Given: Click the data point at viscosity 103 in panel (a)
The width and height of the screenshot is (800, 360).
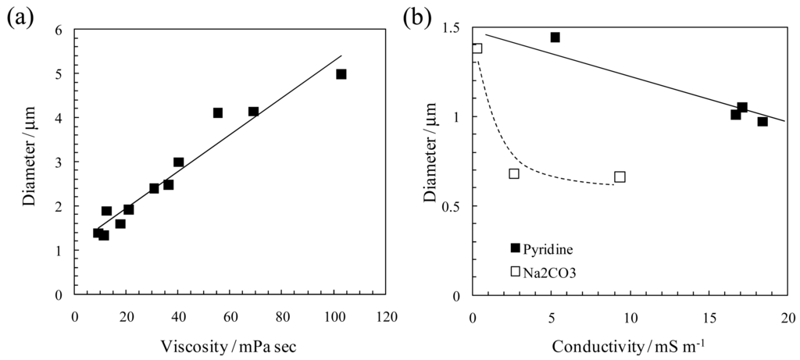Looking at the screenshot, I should pyautogui.click(x=341, y=74).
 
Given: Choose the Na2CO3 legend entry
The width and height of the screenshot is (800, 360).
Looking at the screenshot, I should pyautogui.click(x=544, y=271).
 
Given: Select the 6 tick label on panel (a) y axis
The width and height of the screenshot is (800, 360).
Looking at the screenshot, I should pyautogui.click(x=59, y=30).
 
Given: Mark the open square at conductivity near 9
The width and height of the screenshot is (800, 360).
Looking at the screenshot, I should pyautogui.click(x=620, y=176).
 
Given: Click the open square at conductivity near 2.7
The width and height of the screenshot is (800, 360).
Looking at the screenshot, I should pyautogui.click(x=514, y=173).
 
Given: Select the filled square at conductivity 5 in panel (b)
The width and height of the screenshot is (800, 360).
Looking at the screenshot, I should pyautogui.click(x=555, y=37).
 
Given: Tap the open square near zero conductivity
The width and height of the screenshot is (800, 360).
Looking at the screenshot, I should pyautogui.click(x=477, y=48).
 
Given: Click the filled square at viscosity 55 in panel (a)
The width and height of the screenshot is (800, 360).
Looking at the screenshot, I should pyautogui.click(x=217, y=113).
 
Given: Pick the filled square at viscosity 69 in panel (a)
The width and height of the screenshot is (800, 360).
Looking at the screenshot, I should pyautogui.click(x=253, y=112).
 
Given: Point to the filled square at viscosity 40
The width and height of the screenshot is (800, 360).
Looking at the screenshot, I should pyautogui.click(x=178, y=162).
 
